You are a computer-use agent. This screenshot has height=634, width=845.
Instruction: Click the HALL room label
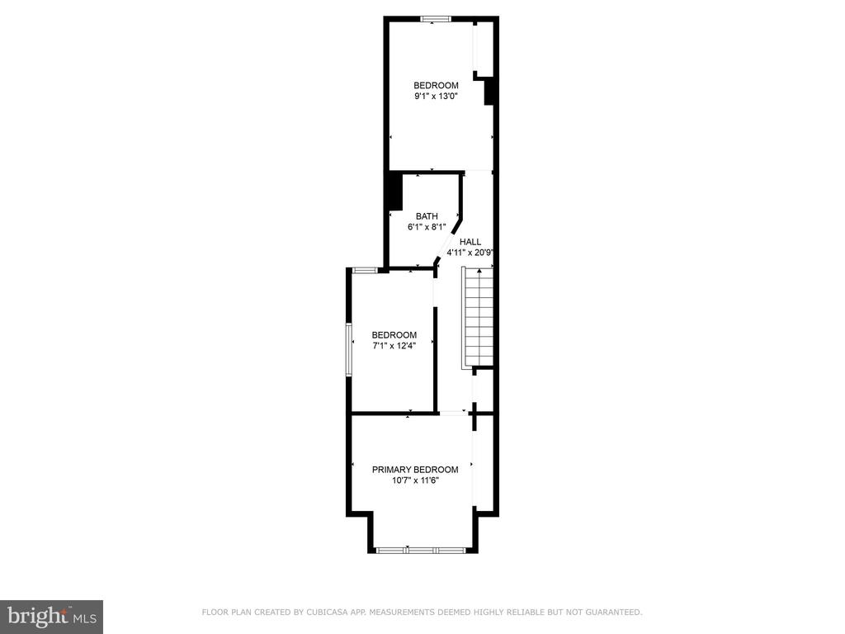tap(470, 242)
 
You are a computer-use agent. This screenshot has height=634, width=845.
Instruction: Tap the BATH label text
tap(427, 216)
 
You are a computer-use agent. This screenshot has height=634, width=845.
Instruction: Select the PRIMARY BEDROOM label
tap(415, 470)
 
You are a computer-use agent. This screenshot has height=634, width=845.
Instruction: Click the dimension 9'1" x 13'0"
tap(436, 97)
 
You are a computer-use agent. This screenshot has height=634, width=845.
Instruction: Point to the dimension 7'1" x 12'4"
tap(394, 346)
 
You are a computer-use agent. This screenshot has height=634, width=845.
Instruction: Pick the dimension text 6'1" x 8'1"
tap(427, 227)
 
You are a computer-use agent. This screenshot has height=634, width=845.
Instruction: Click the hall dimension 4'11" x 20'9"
tap(470, 253)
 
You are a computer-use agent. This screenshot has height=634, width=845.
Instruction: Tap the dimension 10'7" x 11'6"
tap(416, 480)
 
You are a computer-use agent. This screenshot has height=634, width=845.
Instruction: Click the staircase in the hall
tap(478, 318)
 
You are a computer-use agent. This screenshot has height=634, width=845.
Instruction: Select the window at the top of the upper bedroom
tap(436, 20)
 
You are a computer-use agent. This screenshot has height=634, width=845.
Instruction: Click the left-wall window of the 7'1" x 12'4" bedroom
tap(349, 349)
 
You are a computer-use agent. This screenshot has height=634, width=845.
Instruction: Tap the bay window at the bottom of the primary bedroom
tap(420, 551)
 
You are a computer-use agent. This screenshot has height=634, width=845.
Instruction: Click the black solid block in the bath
tap(395, 192)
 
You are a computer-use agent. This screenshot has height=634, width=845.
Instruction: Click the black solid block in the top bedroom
tap(489, 92)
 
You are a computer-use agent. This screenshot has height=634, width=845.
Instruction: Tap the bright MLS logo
tap(51, 617)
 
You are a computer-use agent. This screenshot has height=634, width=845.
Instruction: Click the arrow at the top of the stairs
tap(479, 271)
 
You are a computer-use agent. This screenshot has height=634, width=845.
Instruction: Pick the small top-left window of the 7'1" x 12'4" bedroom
tap(364, 270)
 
